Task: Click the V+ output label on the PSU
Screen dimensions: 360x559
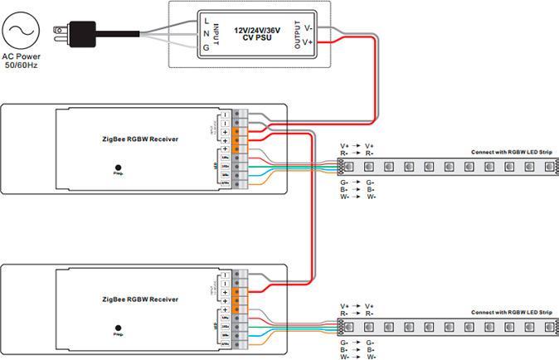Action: click(x=309, y=41)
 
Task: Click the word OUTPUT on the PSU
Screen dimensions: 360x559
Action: click(x=298, y=34)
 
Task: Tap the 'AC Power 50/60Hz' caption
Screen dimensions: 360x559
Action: click(x=21, y=61)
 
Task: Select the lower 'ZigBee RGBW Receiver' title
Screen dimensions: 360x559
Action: click(x=140, y=299)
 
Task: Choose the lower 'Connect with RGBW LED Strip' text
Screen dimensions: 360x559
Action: click(x=511, y=313)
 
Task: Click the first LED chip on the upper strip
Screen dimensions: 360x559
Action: click(x=351, y=167)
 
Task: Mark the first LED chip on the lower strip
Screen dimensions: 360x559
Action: click(x=351, y=327)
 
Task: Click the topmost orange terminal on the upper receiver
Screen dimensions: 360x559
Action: click(x=237, y=132)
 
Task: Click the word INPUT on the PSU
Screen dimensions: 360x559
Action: click(x=217, y=33)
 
